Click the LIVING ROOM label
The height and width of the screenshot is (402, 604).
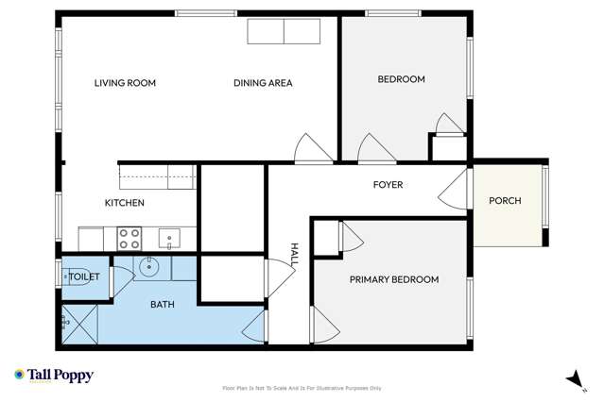[x=125, y=83]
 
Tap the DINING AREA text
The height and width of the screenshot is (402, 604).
[x=263, y=83]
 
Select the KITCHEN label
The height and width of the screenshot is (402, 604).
[x=124, y=203]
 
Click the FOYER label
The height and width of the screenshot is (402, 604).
[x=388, y=185]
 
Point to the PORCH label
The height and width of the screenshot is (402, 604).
[x=505, y=201]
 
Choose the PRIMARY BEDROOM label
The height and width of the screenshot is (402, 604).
[x=394, y=279]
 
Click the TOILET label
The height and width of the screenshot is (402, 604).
[x=85, y=277]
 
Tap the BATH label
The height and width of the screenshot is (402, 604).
[x=164, y=305]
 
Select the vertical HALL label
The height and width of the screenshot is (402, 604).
[x=295, y=252]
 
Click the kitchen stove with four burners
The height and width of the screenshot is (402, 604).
[x=129, y=237]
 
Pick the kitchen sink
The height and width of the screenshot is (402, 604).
[x=169, y=237]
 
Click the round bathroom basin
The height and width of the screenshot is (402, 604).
[x=150, y=268]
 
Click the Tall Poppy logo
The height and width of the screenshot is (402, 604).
[x=54, y=376]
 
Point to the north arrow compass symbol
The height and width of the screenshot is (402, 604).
[x=572, y=378]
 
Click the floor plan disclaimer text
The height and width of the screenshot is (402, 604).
[x=302, y=388]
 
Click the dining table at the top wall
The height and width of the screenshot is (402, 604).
[x=284, y=31]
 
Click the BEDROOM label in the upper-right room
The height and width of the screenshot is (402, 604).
[x=401, y=79]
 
